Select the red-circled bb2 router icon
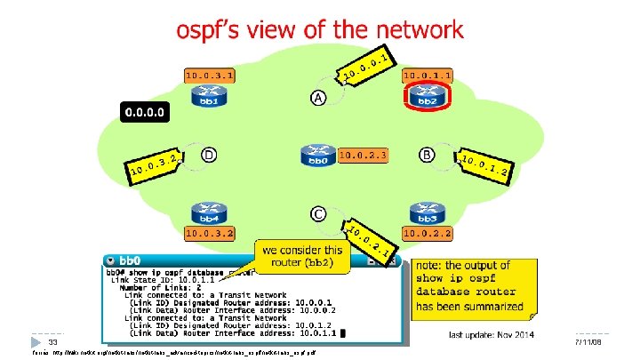pyautogui.click(x=429, y=97)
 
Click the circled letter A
pyautogui.click(x=317, y=97)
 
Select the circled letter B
pyautogui.click(x=428, y=155)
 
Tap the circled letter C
pyautogui.click(x=317, y=214)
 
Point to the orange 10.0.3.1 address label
pyautogui.click(x=211, y=76)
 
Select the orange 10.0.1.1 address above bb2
pyautogui.click(x=429, y=76)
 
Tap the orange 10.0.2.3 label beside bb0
pyautogui.click(x=364, y=156)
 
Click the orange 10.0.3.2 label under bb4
pyautogui.click(x=211, y=234)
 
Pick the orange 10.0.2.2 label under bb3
pyautogui.click(x=429, y=234)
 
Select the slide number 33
pyautogui.click(x=53, y=341)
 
